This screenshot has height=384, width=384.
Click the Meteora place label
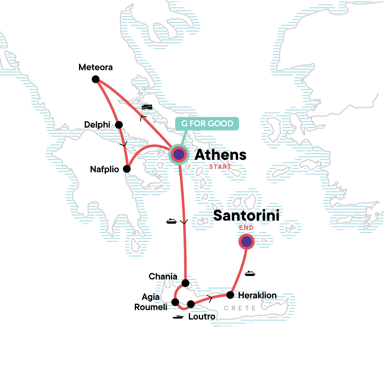[x=95, y=67]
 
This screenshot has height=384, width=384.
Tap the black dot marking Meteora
[x=95, y=79]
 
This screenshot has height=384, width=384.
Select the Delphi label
[x=97, y=124]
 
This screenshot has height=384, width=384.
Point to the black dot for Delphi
[x=119, y=124]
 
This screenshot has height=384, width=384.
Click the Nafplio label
[x=104, y=169]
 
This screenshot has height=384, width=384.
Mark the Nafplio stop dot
[x=127, y=169]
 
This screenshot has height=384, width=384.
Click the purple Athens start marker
[x=179, y=155]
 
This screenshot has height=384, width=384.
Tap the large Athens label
[x=220, y=155]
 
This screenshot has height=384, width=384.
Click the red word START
[x=220, y=167]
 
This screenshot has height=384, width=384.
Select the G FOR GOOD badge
[x=207, y=124]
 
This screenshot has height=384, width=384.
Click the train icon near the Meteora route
[x=147, y=107]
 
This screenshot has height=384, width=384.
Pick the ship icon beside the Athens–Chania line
[x=172, y=221]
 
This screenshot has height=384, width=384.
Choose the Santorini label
[x=246, y=216]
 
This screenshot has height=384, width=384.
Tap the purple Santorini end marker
[x=246, y=242]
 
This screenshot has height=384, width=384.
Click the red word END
[x=246, y=228]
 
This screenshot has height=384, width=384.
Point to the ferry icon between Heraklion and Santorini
[x=250, y=273]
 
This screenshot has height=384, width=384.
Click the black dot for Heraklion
[x=230, y=295]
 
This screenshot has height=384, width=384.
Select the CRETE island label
[x=240, y=308]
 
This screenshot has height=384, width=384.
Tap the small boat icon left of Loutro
[x=178, y=317]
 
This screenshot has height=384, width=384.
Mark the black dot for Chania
[x=185, y=283]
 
